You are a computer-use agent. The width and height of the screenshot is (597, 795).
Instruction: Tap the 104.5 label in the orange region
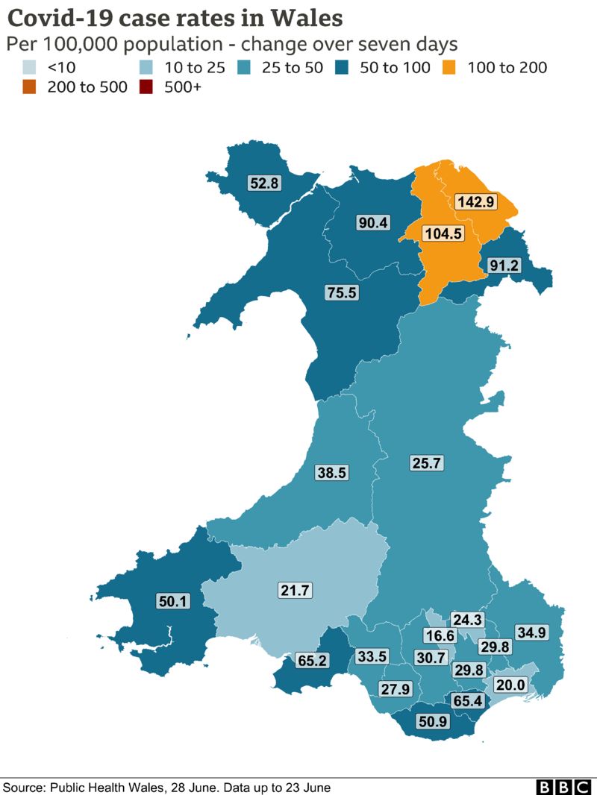tap(443, 233)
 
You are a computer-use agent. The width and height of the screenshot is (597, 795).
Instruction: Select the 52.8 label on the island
tap(264, 181)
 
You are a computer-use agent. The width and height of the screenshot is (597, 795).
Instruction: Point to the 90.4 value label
tap(372, 222)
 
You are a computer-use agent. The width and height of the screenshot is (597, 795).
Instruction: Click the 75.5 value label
tap(342, 292)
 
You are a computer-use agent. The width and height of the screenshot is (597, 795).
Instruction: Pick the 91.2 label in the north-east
tap(504, 265)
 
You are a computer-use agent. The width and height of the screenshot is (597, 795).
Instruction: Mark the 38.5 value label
tap(331, 472)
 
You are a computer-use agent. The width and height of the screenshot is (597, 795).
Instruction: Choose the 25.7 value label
tap(427, 463)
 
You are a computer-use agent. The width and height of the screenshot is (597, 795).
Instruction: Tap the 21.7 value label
tap(295, 591)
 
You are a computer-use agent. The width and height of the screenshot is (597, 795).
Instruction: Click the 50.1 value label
tap(173, 601)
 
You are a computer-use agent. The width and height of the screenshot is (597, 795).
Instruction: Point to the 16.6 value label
tap(440, 635)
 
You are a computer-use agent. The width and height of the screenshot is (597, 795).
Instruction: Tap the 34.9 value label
tap(532, 632)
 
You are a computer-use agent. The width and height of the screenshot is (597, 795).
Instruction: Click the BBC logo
tap(563, 788)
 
